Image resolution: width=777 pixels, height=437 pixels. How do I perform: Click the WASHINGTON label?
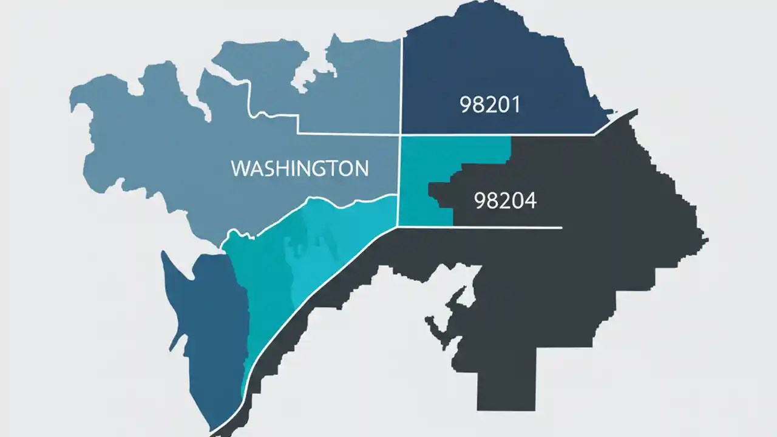pyautogui.click(x=300, y=168)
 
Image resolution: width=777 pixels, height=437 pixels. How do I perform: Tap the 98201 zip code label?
pyautogui.click(x=490, y=105)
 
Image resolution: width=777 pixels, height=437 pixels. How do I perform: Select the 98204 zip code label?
pyautogui.click(x=504, y=201)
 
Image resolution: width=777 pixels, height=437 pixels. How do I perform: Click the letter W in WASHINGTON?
pyautogui.click(x=242, y=168)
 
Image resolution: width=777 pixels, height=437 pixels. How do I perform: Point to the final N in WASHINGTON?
pyautogui.click(x=360, y=168)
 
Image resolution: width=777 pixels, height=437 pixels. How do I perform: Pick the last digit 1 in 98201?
pyautogui.click(x=516, y=105)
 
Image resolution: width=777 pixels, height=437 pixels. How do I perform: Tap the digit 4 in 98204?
pyautogui.click(x=531, y=201)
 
